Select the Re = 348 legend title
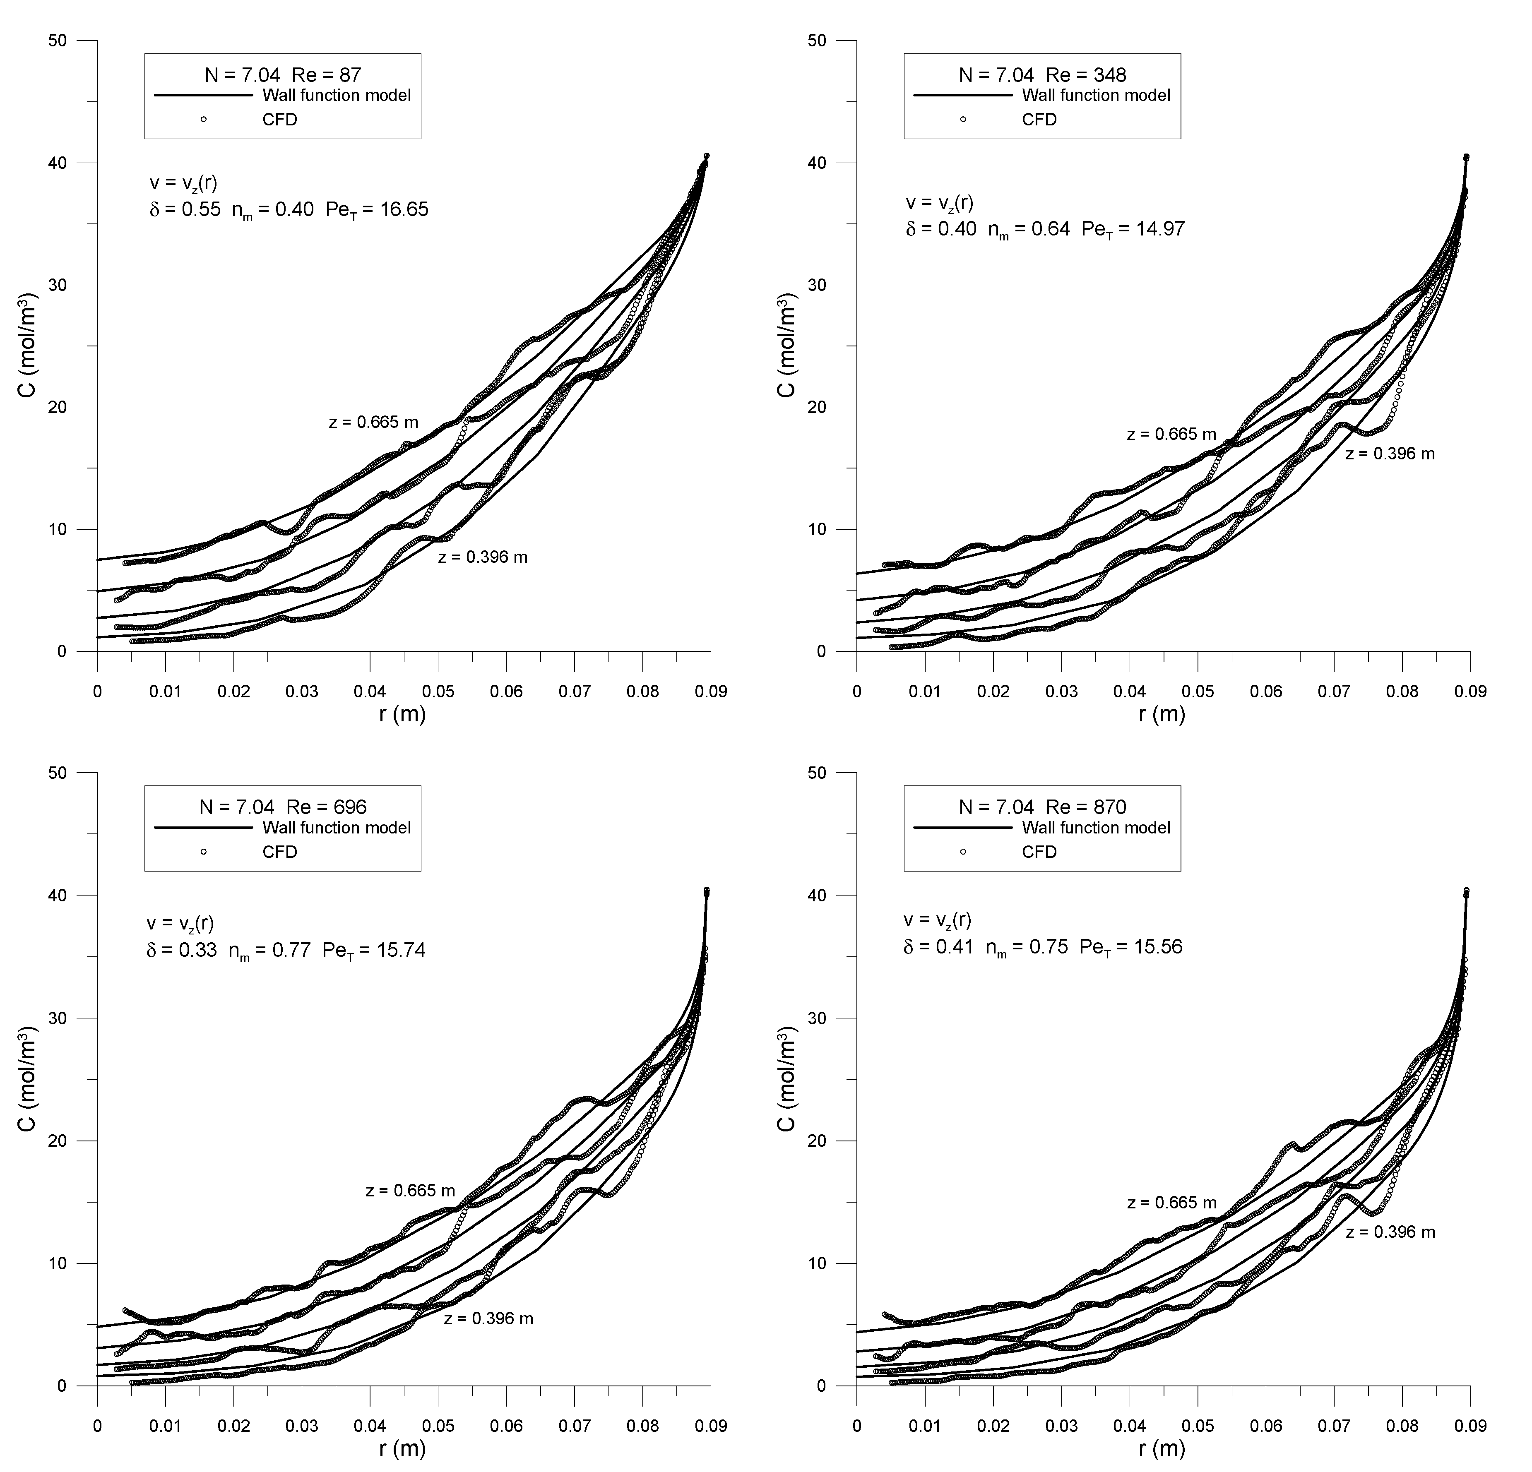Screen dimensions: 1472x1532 coord(1043,75)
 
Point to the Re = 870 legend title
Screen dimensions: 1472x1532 coord(1043,807)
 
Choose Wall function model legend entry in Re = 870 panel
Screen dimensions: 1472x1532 coord(1096,827)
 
